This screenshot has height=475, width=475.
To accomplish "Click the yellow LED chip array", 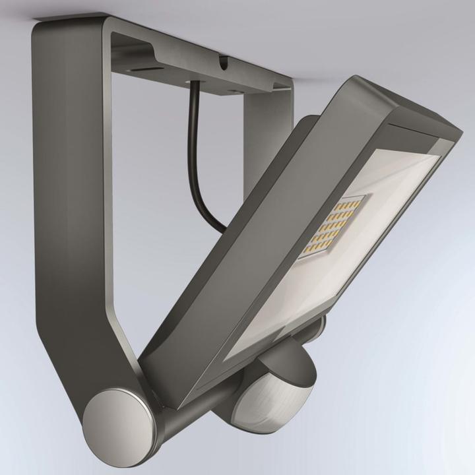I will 330,228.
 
